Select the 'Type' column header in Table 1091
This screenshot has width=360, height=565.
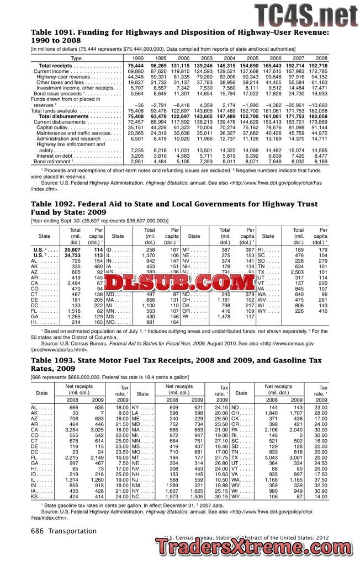coord(76,58)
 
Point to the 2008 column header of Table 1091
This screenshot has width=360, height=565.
coord(321,58)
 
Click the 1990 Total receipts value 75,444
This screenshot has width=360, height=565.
coord(135,66)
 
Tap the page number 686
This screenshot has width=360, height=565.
coord(38,531)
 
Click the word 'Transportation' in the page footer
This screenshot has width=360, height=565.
coord(72,531)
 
